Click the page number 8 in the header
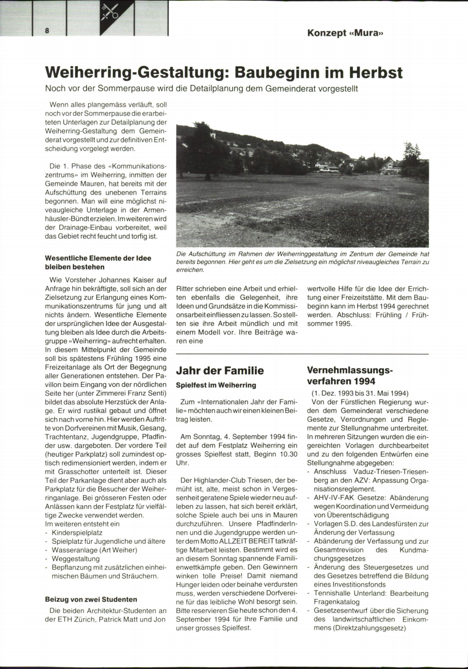[47, 31]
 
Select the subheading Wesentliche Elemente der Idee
[98, 258]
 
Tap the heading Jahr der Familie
[220, 371]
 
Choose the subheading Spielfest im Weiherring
[216, 385]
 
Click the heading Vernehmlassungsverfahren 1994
[350, 375]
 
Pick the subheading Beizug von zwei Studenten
[91, 599]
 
